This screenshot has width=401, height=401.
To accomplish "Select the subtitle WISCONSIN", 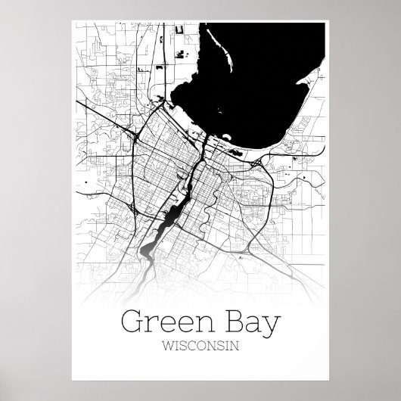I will coord(201,347).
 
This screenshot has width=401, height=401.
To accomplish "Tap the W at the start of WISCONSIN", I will coord(169,347).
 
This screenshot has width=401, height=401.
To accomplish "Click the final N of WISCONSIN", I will coord(233,347).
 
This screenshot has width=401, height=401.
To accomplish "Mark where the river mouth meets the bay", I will coord(204,136).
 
